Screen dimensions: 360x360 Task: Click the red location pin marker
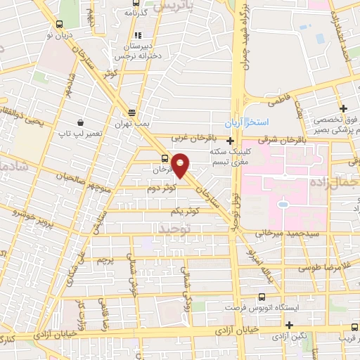coord(181,165)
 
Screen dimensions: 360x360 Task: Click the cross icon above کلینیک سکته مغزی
coord(230,141)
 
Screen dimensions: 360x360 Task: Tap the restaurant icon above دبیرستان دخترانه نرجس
coord(137,34)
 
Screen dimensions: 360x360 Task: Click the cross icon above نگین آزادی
coord(290,324)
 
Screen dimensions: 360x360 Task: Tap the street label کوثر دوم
coord(162,188)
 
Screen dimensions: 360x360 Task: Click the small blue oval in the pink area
coord(283,205)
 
